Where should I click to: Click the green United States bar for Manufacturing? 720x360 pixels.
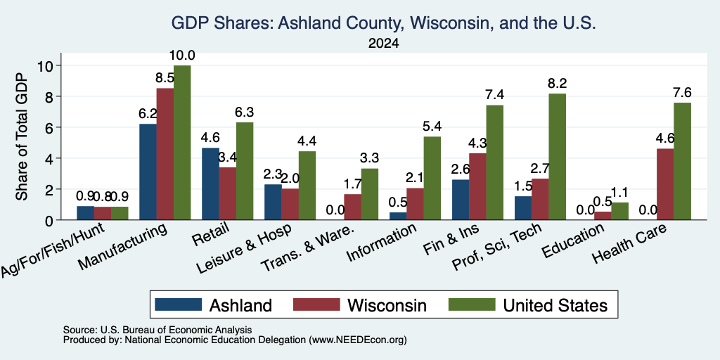182,143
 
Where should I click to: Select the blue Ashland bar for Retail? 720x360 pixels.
210,184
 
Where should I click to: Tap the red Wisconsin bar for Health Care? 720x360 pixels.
665,184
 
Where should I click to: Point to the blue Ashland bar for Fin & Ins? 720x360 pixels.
461,200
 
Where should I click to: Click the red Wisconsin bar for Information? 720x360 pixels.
415,204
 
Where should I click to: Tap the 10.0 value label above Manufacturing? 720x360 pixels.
182,56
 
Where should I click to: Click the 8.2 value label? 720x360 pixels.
557,84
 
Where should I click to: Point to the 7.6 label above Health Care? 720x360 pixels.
682,93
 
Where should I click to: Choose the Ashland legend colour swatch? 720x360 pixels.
178,304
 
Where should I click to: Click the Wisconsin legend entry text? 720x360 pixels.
387,305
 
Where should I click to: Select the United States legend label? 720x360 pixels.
555,305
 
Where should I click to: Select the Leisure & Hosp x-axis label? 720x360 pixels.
244,248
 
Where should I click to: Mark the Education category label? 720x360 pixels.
572,241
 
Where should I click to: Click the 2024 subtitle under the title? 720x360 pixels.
383,44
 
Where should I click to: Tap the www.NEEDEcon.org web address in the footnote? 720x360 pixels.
358,340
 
